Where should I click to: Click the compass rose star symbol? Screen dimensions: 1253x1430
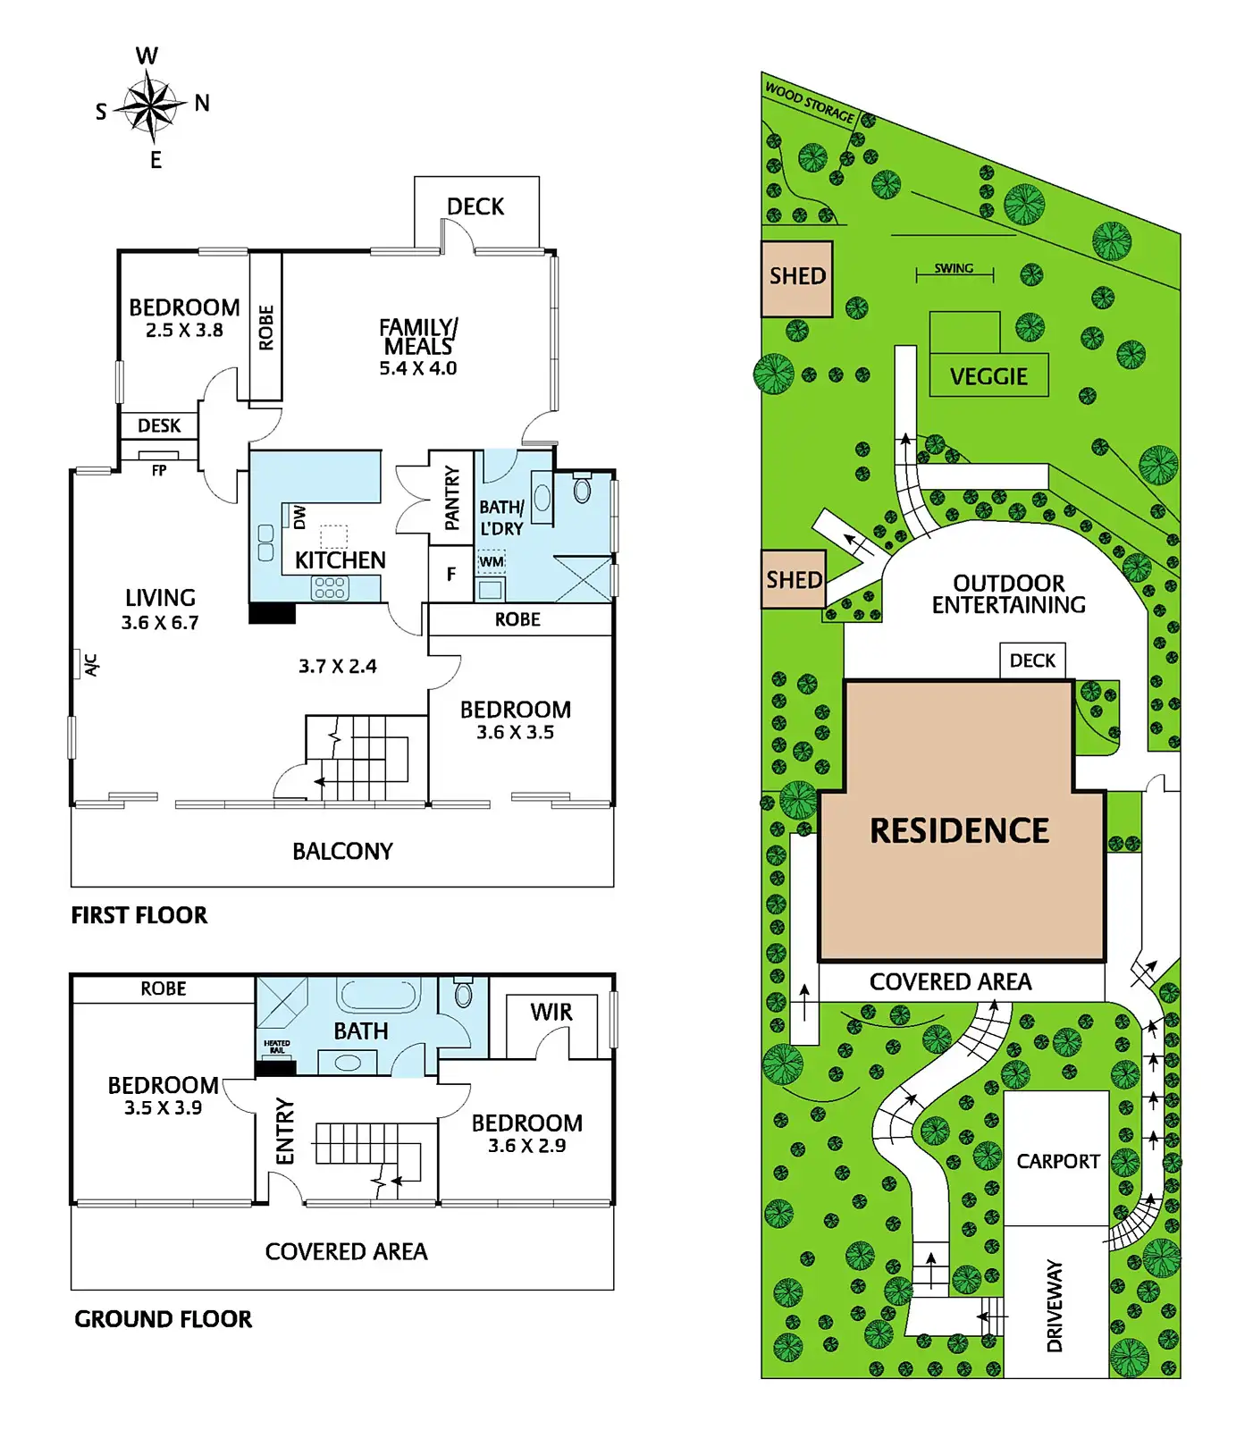[151, 106]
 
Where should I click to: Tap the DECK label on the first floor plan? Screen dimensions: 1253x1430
[475, 207]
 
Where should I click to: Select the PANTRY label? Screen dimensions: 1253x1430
[451, 497]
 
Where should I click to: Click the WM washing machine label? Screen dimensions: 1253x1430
[492, 562]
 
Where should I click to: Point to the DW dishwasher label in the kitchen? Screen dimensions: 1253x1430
[299, 517]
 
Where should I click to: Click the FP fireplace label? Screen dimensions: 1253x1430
[159, 470]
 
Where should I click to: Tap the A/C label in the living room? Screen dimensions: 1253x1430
[90, 664]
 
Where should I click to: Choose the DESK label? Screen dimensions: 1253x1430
[159, 426]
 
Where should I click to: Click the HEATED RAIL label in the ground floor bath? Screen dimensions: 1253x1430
[276, 1047]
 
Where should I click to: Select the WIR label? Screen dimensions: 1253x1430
[551, 1013]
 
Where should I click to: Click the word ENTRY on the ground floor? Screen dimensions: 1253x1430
[285, 1131]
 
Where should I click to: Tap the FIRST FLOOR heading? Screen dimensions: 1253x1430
[139, 915]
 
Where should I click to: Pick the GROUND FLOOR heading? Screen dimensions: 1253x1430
[163, 1319]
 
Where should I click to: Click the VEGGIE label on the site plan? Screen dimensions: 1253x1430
[988, 377]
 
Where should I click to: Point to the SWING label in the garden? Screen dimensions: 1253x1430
[954, 268]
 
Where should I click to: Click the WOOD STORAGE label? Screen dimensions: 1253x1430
[810, 103]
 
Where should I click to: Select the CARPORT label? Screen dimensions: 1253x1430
[1058, 1161]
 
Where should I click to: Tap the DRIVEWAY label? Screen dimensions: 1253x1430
[1055, 1305]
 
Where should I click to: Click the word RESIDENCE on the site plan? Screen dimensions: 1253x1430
[960, 831]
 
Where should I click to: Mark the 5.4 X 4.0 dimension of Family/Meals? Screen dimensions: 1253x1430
[418, 368]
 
